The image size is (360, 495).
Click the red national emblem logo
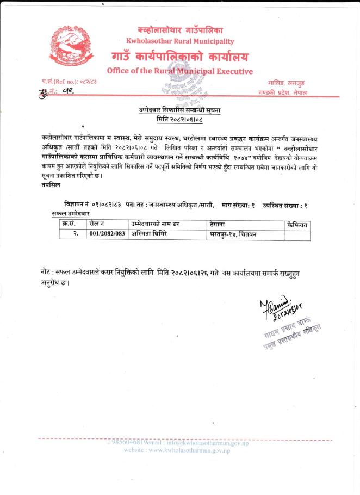point(69,48)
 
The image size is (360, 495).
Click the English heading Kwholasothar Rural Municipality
point(180,41)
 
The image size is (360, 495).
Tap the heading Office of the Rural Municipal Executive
point(180,71)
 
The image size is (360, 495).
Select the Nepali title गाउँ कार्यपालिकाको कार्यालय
point(180,56)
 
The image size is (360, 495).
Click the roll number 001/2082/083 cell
point(108,234)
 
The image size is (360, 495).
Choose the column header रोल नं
point(98,224)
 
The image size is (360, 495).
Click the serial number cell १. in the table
point(76,234)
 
